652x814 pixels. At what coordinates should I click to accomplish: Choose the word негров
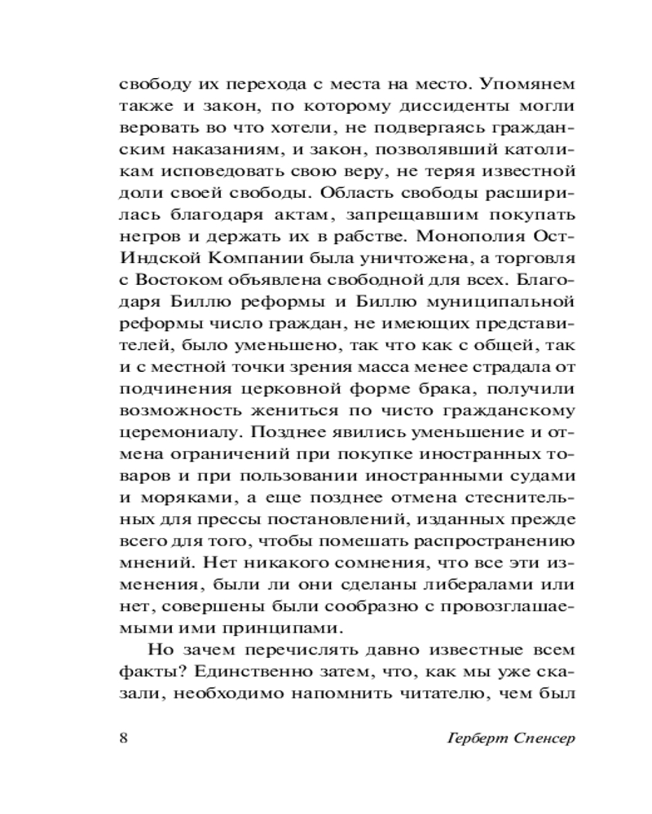[x=145, y=239]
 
